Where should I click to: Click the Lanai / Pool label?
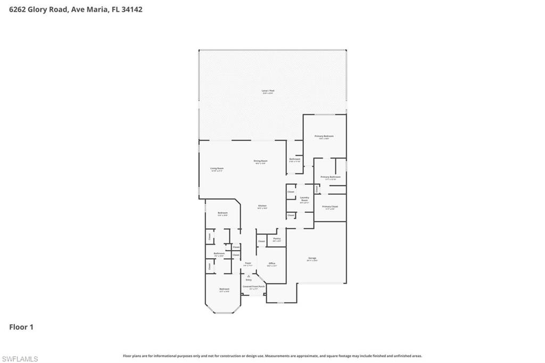(267, 91)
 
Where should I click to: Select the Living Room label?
(217, 169)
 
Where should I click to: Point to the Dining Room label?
(260, 161)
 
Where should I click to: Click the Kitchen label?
(262, 207)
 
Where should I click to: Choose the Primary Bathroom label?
(330, 177)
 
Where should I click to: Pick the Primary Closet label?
(330, 207)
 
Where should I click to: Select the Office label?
(271, 264)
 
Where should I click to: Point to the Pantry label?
(277, 239)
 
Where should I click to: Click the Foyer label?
(247, 264)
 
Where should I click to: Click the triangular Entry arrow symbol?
(248, 276)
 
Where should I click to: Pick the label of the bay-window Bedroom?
(224, 290)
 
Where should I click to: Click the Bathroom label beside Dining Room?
(295, 159)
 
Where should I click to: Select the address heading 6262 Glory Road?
(76, 9)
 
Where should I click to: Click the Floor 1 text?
(21, 327)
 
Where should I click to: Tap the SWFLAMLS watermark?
(20, 359)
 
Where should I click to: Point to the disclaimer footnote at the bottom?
(272, 356)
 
